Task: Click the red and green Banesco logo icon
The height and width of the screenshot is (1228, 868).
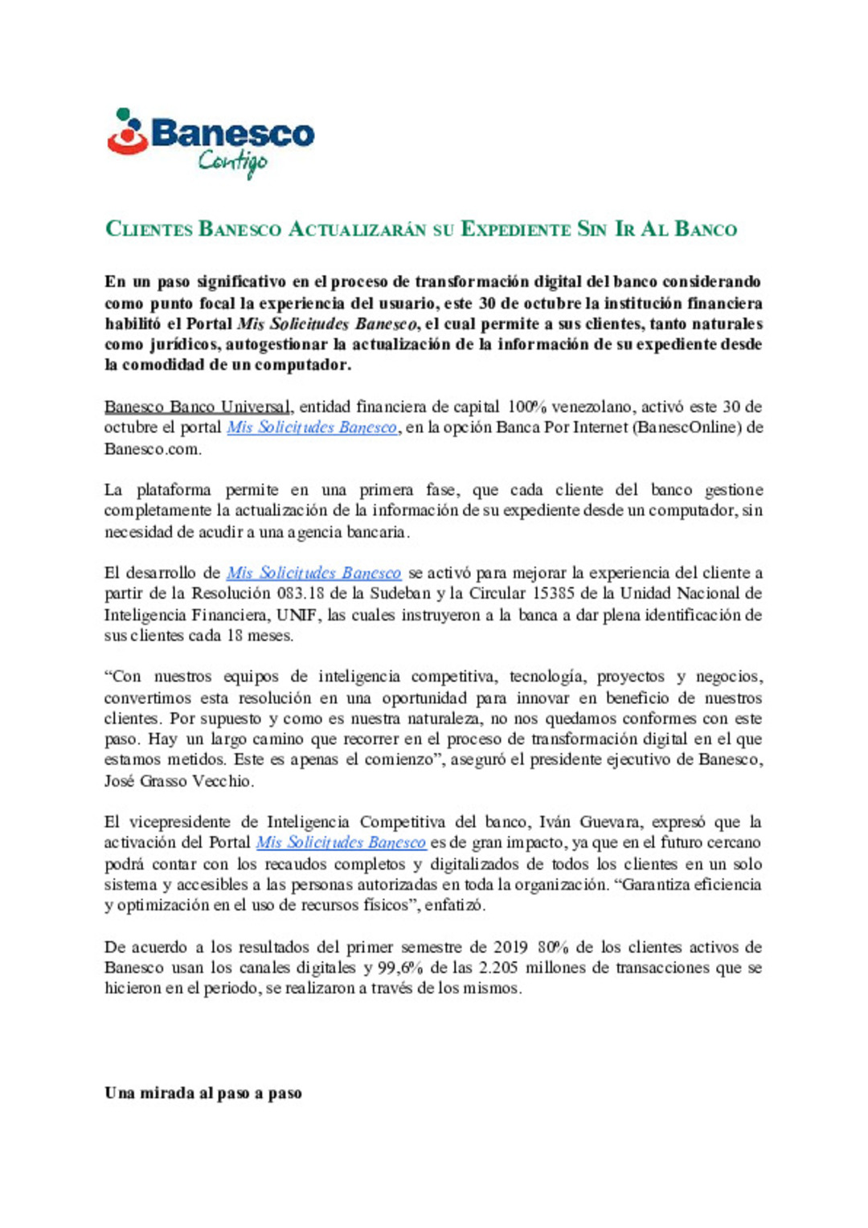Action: coord(128,131)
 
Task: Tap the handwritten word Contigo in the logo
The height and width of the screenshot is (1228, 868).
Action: coord(232,162)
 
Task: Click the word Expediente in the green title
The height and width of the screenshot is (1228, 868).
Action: coord(514,229)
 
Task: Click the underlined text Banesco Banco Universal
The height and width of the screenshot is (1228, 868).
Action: coord(198,407)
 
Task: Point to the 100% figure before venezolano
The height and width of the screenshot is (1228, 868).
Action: coord(526,407)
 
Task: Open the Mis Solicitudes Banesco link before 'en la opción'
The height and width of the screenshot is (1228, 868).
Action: coord(312,428)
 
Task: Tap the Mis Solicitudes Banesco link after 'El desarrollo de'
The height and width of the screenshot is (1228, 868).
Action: coord(313,573)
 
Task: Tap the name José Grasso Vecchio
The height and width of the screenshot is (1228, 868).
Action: coord(178,781)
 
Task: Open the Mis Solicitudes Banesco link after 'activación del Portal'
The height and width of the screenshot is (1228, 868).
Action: coord(341,843)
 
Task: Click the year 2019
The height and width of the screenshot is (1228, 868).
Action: coord(510,948)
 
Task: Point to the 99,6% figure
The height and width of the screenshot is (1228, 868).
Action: coord(401,968)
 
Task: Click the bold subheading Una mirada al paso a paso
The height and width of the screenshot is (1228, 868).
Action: coord(203,1093)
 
